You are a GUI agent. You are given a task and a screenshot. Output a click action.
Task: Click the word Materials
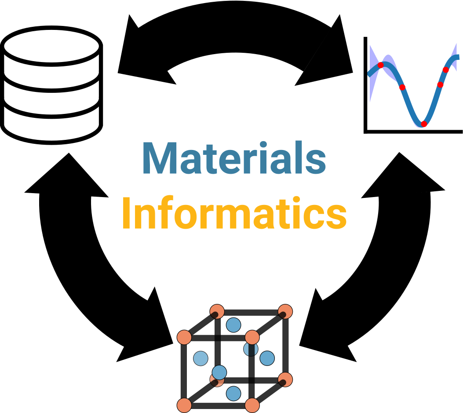[234, 159]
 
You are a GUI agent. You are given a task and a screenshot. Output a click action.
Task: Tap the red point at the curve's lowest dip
[423, 124]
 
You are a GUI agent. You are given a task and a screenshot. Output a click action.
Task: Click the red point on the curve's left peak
[381, 65]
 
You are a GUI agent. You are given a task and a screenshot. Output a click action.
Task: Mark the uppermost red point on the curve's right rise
[446, 69]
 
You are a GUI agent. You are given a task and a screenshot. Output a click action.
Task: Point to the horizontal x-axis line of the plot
[413, 131]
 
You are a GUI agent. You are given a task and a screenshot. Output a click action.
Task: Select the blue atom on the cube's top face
[233, 325]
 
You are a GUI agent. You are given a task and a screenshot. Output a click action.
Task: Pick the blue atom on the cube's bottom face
[233, 393]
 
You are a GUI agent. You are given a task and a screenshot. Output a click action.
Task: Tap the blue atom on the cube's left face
[201, 358]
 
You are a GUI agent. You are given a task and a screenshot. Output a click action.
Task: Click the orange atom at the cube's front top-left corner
[184, 337]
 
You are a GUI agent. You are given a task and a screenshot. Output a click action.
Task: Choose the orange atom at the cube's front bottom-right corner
[252, 404]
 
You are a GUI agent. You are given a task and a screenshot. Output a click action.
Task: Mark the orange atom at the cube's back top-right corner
[286, 310]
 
